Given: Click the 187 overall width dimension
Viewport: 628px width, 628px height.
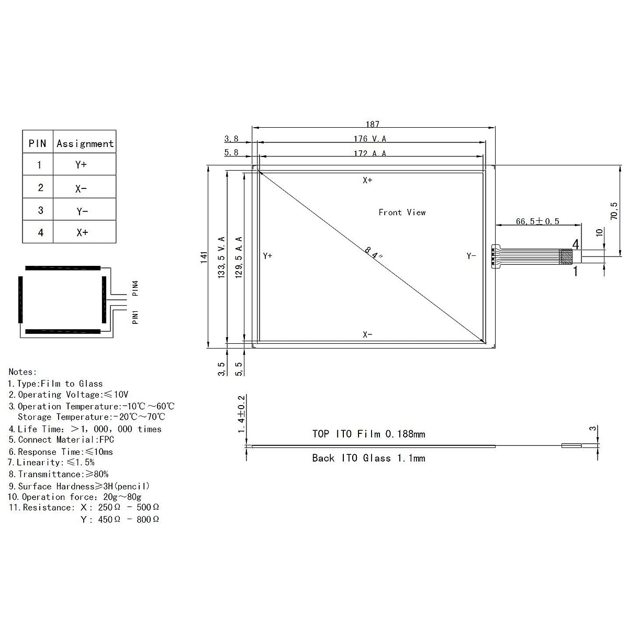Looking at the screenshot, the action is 372,124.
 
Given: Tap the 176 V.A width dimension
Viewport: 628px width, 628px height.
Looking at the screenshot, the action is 369,139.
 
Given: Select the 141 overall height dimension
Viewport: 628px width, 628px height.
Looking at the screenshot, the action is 204,257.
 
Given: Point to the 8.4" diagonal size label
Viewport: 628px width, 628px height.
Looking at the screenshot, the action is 374,253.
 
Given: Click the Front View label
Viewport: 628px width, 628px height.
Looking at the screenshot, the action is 402,212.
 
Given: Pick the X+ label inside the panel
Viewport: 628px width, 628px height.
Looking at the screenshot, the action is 367,180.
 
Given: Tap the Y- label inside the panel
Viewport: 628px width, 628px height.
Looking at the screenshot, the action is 471,256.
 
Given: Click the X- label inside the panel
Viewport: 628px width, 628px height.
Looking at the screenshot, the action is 367,334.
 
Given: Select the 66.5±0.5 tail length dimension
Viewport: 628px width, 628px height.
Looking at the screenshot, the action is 537,221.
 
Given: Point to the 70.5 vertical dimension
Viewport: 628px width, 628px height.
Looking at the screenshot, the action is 614,211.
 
